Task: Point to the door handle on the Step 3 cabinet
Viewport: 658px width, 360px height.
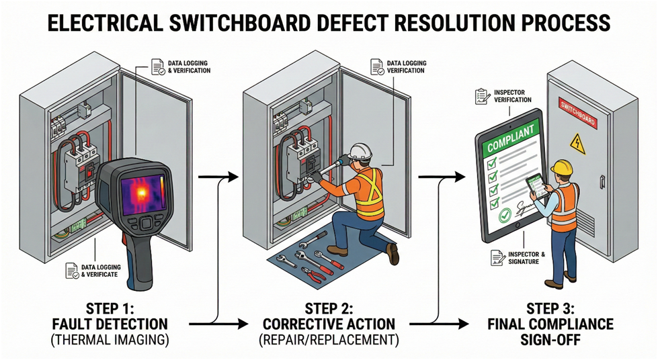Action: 602,181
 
